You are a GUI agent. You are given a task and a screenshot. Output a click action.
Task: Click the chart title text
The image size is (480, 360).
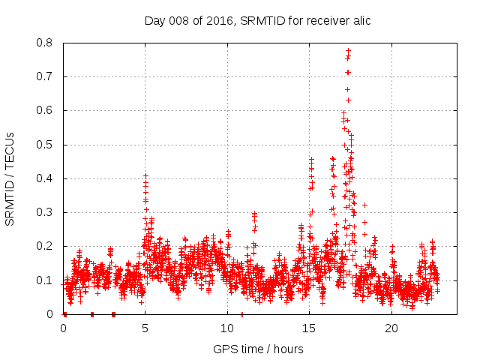tap(257, 20)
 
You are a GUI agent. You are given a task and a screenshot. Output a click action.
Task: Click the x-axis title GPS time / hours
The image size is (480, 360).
tap(257, 349)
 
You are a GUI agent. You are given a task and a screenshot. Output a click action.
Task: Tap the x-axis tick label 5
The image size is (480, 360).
tap(145, 328)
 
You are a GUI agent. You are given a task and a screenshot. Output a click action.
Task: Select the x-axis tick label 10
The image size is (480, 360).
tap(227, 328)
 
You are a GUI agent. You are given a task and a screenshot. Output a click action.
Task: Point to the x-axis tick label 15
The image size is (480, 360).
tap(309, 328)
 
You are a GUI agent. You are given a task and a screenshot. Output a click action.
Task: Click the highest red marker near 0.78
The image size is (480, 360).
tap(348, 50)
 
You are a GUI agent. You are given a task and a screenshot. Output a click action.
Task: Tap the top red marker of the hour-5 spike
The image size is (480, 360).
tap(145, 175)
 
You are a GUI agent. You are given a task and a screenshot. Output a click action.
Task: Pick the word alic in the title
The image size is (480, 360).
tap(359, 20)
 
